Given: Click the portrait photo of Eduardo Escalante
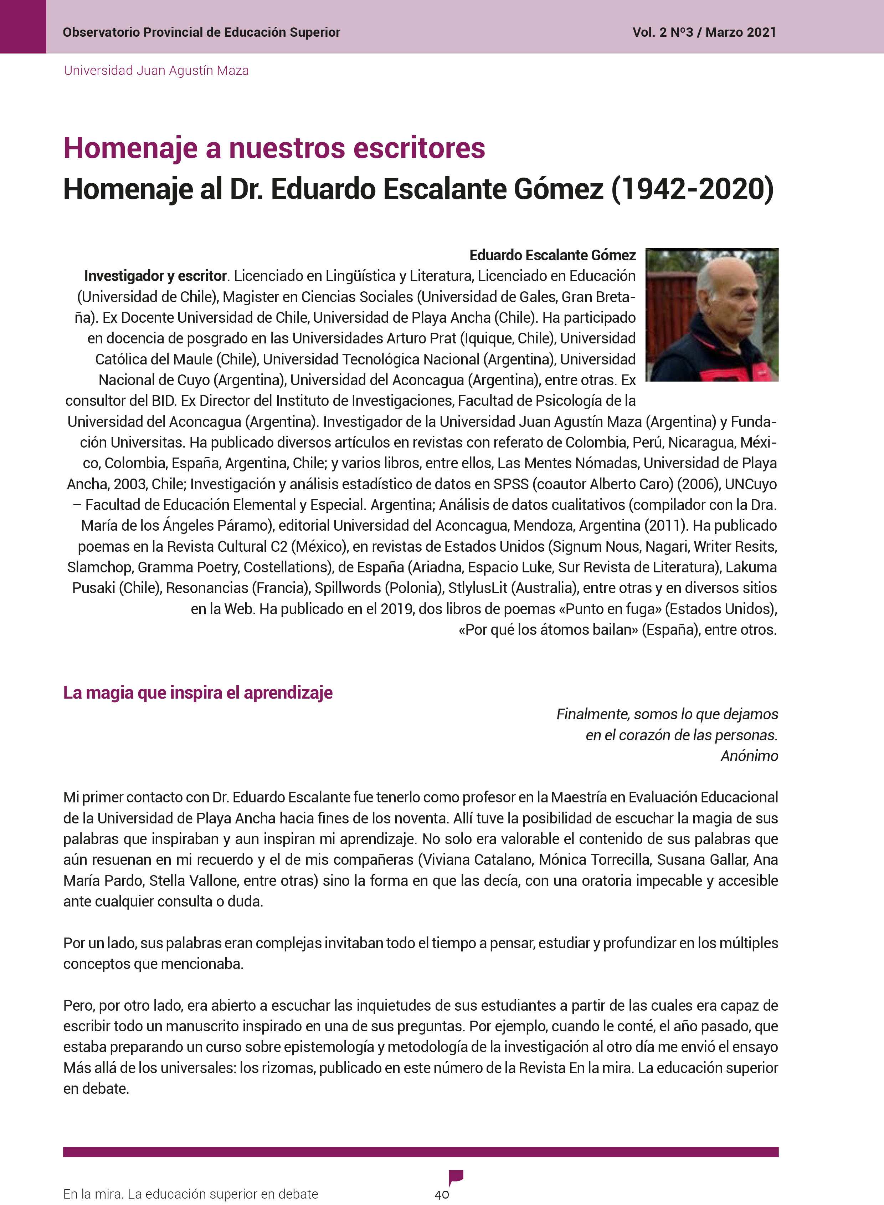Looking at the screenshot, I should [712, 315].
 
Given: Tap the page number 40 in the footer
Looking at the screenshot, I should [441, 1194].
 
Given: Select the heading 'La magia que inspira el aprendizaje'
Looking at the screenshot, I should [198, 693].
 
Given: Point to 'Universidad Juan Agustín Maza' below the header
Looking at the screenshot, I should [156, 71].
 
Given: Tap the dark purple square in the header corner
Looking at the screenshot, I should [23, 26].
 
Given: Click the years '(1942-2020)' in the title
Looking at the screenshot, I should [693, 189].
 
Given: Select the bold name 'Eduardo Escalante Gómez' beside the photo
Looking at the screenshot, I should [552, 255].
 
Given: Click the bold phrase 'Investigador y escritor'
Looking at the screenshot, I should [155, 276].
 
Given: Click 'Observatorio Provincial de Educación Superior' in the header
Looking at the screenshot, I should [201, 33].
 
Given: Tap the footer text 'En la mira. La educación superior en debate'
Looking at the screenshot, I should [190, 1194].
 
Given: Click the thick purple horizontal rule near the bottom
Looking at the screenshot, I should [421, 1152].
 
